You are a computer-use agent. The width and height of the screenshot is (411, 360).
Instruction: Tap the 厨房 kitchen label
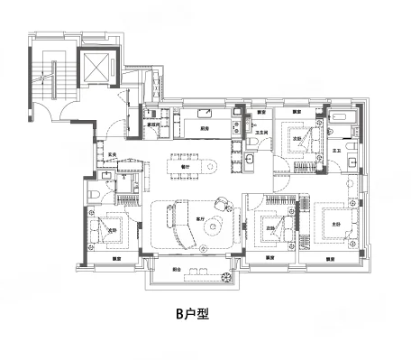205,129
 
